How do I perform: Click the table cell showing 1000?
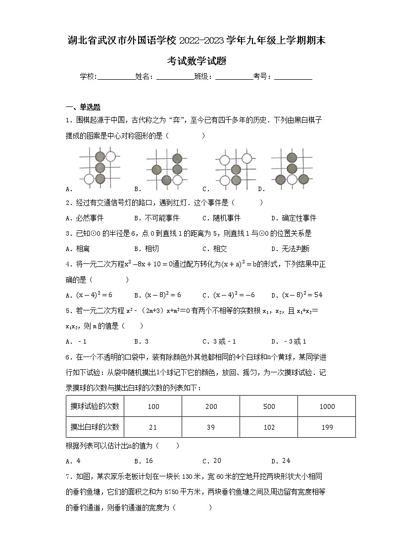[x=327, y=406]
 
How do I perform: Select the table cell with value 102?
[x=269, y=427]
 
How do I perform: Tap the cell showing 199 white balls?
[x=327, y=427]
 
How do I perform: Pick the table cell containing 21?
[x=153, y=427]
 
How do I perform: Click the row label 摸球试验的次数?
[x=95, y=406]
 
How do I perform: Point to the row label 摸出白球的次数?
[x=95, y=427]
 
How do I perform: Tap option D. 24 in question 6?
[x=281, y=461]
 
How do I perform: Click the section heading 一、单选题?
[x=83, y=107]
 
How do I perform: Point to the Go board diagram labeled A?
[x=99, y=168]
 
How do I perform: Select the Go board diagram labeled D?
[x=292, y=168]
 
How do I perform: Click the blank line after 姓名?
[x=175, y=77]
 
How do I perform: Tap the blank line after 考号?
[x=293, y=77]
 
